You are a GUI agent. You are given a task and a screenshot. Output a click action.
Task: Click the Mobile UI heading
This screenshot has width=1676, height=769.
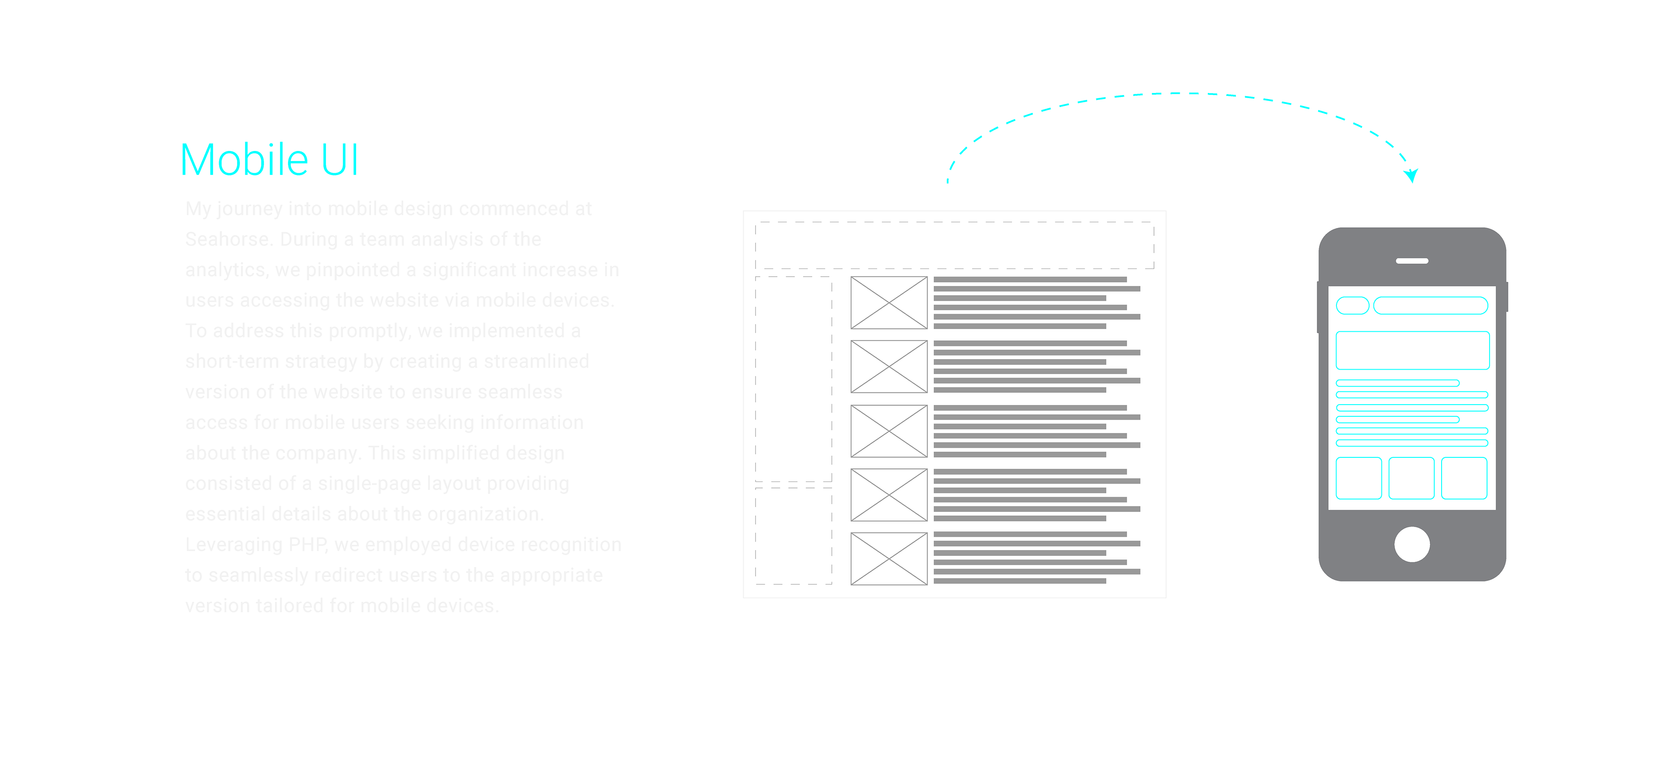click(x=269, y=160)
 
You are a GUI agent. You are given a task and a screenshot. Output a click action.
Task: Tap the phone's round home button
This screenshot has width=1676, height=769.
click(x=1412, y=544)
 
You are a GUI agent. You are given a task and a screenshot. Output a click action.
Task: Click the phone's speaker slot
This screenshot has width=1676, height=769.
click(x=1412, y=261)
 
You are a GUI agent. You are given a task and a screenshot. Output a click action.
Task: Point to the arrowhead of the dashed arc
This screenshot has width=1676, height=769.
click(x=1411, y=175)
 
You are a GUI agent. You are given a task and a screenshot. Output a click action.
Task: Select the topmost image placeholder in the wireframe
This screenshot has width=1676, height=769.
click(x=889, y=302)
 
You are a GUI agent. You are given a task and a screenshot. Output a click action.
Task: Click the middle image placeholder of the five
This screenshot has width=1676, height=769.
click(x=889, y=431)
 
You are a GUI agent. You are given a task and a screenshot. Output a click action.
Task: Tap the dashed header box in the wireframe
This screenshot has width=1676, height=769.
click(x=955, y=245)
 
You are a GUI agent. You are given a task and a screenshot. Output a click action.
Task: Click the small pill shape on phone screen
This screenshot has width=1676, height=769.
click(x=1352, y=305)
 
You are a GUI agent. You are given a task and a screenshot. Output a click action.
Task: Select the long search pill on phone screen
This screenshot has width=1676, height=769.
click(x=1431, y=305)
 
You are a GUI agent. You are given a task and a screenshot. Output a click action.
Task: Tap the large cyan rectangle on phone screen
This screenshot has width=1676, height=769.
click(x=1412, y=350)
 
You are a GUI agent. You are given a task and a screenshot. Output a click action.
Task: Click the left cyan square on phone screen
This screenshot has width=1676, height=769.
click(x=1359, y=478)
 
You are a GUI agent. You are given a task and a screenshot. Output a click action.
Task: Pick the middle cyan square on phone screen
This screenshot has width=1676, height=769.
click(x=1411, y=478)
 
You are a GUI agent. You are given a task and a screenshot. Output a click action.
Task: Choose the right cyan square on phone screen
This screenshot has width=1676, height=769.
click(x=1464, y=478)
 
